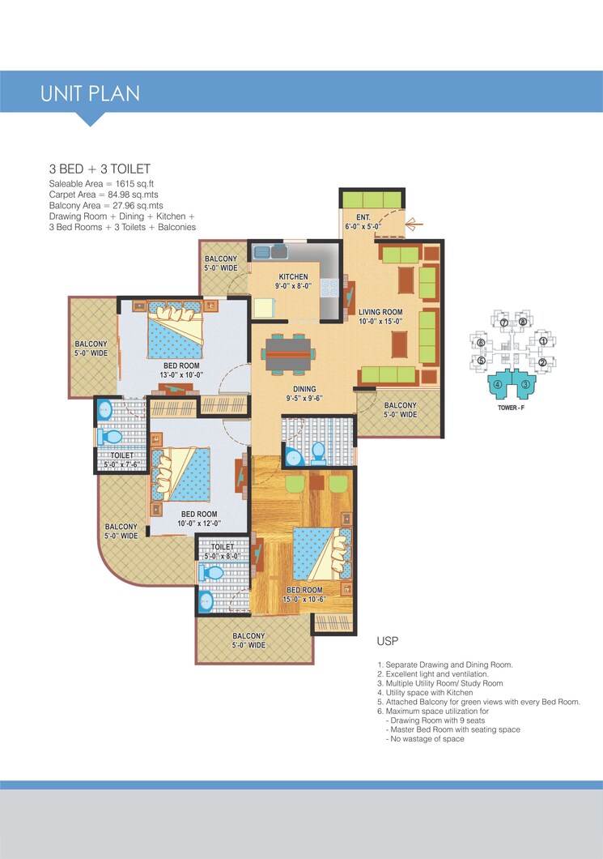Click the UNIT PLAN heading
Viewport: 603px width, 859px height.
[90, 93]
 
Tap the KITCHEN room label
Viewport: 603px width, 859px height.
[292, 277]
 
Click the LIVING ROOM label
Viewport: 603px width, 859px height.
[380, 312]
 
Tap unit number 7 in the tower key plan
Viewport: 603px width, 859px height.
[503, 323]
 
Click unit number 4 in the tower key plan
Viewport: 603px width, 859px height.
[499, 384]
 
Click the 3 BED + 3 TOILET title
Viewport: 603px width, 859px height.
[100, 169]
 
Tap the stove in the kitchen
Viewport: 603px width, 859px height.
[329, 288]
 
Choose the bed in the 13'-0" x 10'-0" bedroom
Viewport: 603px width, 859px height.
[174, 331]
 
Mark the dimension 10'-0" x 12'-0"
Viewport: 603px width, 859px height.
[199, 524]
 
